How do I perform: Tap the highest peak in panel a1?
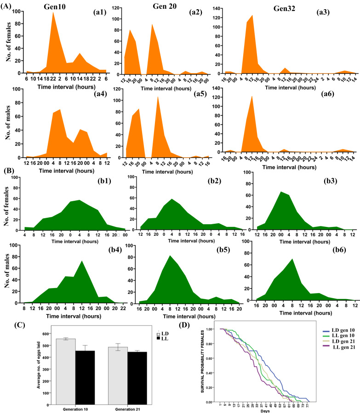click(x=53, y=12)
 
